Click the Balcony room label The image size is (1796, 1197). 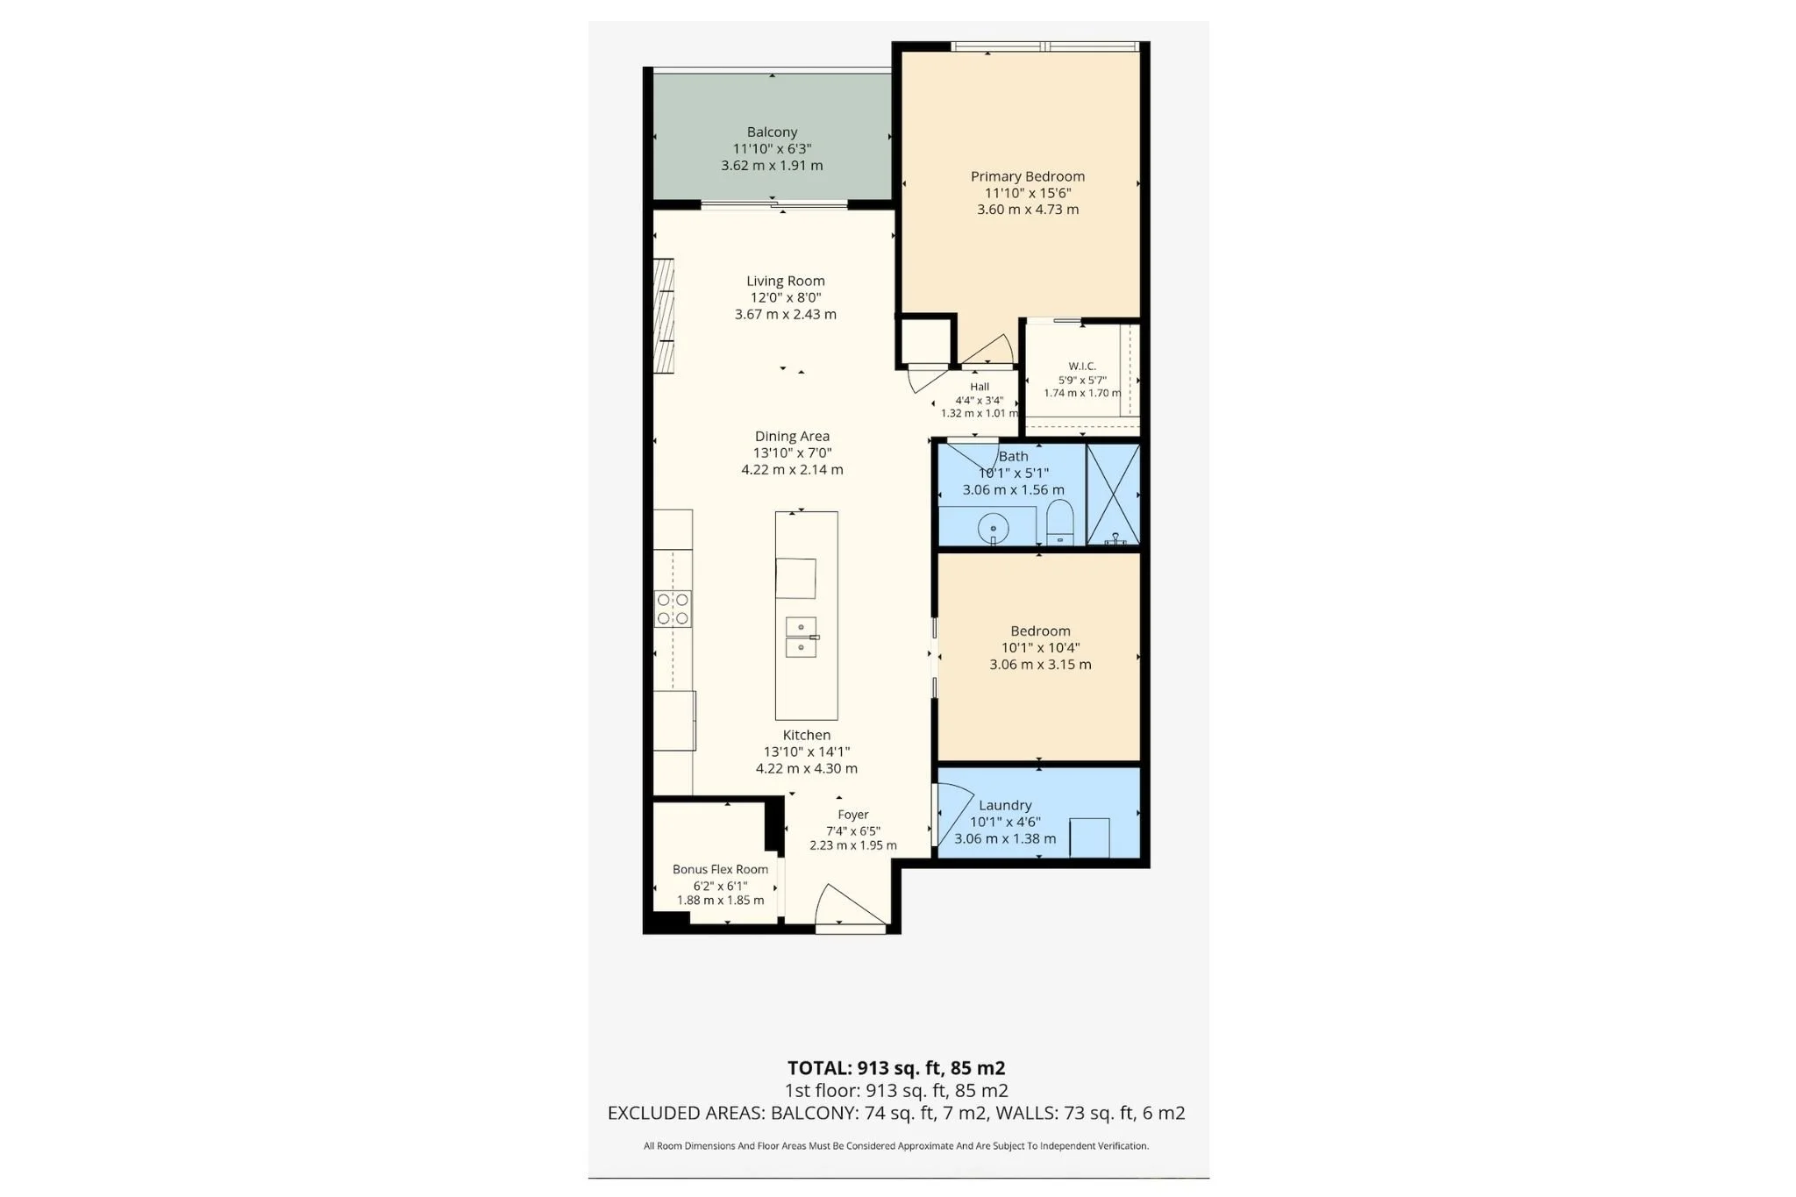(772, 132)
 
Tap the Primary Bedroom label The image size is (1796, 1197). (1027, 176)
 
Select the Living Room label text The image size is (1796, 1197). (785, 281)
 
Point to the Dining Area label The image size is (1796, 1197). (792, 436)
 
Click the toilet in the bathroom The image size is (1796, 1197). (1060, 523)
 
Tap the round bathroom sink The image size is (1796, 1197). (993, 529)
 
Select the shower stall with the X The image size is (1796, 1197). (1113, 495)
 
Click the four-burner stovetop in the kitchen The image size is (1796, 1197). (673, 609)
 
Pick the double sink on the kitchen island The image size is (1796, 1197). (801, 638)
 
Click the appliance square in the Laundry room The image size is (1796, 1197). (1089, 837)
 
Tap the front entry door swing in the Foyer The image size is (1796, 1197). (852, 906)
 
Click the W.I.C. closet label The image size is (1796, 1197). (1082, 366)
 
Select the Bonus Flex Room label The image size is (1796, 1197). (720, 869)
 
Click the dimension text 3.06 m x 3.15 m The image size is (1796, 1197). (1040, 665)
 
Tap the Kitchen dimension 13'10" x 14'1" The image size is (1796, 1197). (807, 752)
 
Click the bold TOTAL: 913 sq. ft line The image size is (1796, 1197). (896, 1068)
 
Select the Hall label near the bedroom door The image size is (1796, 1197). (980, 387)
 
